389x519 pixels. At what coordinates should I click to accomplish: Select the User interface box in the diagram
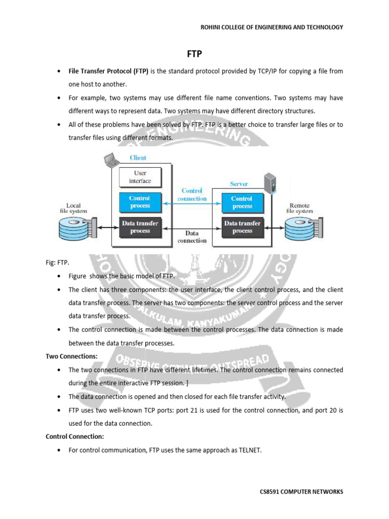click(x=140, y=177)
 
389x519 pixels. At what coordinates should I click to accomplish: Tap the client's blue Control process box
click(x=140, y=202)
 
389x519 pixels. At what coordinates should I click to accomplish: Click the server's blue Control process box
click(x=242, y=202)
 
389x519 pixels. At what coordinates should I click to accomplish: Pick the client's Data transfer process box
click(x=140, y=227)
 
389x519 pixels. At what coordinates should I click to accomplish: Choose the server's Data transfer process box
click(x=242, y=227)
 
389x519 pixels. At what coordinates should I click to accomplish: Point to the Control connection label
click(x=192, y=195)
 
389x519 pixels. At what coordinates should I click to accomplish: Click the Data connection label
click(x=192, y=237)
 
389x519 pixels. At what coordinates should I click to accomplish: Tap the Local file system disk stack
click(x=76, y=229)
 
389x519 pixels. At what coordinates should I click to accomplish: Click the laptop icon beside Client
click(x=109, y=160)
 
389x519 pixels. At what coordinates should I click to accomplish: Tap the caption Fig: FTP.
click(x=58, y=263)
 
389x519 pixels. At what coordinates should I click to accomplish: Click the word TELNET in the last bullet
click(x=249, y=449)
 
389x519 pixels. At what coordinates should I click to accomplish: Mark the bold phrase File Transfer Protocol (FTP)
click(x=108, y=71)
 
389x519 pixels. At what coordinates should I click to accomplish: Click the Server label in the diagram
click(x=239, y=184)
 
